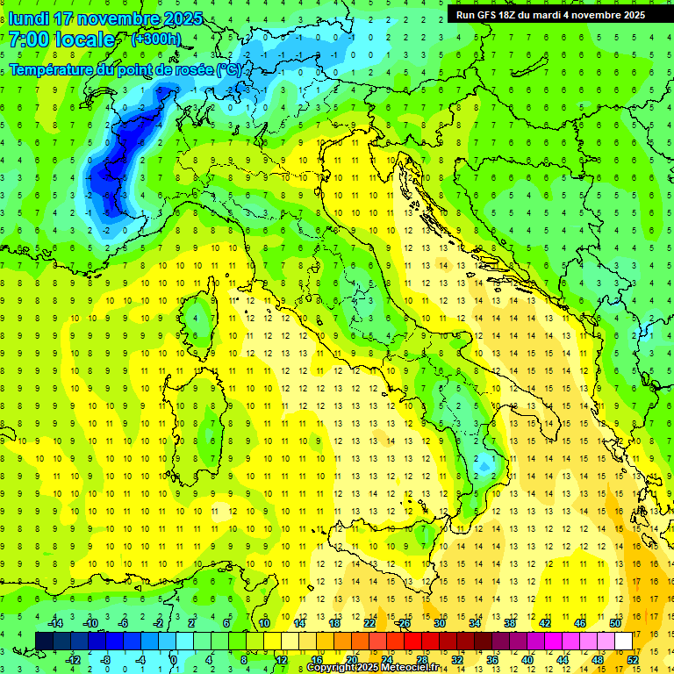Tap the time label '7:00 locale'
pos(61,39)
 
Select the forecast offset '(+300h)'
pos(156,39)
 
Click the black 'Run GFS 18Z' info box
pos(550,14)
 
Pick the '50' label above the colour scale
pos(615,623)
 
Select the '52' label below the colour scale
pos(633,659)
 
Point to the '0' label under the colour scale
pos(174,659)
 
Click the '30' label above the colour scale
pos(440,623)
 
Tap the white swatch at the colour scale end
pos(624,641)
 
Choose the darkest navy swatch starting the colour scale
pos(44,641)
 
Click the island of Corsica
pos(203,316)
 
